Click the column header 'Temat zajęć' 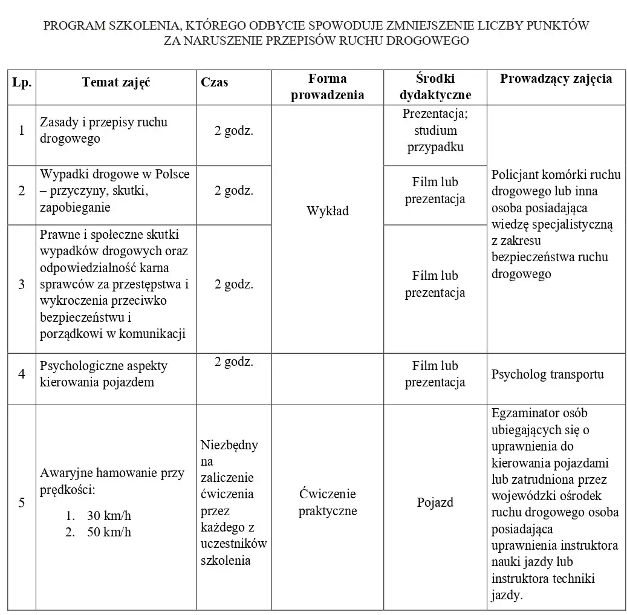[x=116, y=82]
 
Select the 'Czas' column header [x=215, y=82]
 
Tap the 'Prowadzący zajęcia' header [x=555, y=79]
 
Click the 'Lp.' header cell [x=22, y=82]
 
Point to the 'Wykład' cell [x=327, y=211]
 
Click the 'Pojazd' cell [x=435, y=503]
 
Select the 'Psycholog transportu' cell [x=547, y=374]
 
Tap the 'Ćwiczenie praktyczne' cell [x=327, y=503]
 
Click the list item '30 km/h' [x=109, y=516]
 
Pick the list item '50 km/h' [x=109, y=532]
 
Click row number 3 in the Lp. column [x=22, y=284]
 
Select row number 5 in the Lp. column [x=22, y=503]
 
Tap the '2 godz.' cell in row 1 [x=233, y=131]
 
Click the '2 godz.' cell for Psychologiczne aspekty [x=233, y=362]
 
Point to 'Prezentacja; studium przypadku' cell [x=435, y=130]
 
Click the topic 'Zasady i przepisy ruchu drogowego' [x=103, y=130]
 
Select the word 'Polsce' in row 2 [x=172, y=174]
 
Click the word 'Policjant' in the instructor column [x=516, y=175]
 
